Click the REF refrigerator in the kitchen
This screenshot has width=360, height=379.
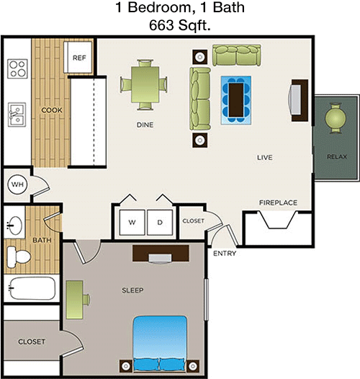78,58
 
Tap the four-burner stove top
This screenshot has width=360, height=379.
17,68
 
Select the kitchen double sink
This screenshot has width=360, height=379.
17,115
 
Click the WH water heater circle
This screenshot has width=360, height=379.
17,184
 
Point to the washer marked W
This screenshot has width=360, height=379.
132,223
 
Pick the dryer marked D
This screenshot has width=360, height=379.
160,223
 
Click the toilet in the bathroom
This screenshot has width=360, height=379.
19,257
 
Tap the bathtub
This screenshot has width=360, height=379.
32,288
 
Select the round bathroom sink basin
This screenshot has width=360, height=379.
14,226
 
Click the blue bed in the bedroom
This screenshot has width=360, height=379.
160,344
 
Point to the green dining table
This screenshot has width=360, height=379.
145,84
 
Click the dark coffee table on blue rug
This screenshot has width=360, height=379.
236,100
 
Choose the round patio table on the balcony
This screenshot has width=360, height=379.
336,118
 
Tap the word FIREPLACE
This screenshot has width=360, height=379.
278,202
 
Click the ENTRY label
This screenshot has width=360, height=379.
225,254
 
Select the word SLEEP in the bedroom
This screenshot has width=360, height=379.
132,290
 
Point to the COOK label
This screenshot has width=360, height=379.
52,110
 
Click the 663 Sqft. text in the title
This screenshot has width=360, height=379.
180,25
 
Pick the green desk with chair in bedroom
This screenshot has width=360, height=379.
78,300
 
